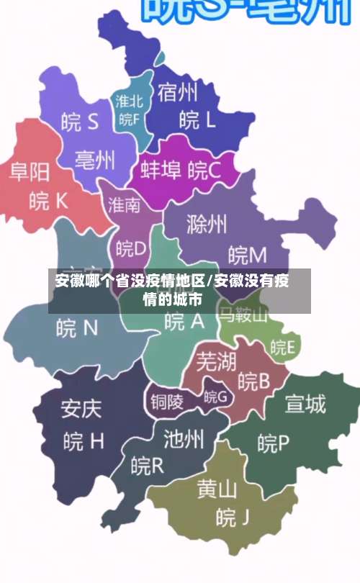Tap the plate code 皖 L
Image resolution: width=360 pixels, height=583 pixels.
pyautogui.click(x=197, y=119)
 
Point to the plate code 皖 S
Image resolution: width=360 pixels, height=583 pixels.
pyautogui.click(x=80, y=122)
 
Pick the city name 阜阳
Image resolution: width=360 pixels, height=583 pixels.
pyautogui.click(x=30, y=171)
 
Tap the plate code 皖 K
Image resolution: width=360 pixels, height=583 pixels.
pyautogui.click(x=48, y=201)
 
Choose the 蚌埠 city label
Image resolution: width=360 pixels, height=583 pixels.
pyautogui.click(x=161, y=171)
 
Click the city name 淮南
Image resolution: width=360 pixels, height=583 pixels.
pyautogui.click(x=125, y=205)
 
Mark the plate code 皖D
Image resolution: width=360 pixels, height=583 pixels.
pyautogui.click(x=131, y=248)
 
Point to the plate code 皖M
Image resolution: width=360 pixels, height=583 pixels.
pyautogui.click(x=247, y=254)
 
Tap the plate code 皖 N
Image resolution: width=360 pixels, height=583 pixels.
pyautogui.click(x=77, y=328)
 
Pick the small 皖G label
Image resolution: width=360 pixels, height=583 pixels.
pyautogui.click(x=215, y=396)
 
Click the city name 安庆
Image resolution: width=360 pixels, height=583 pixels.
pyautogui.click(x=81, y=410)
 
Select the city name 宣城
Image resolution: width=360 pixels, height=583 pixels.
pyautogui.click(x=305, y=405)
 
